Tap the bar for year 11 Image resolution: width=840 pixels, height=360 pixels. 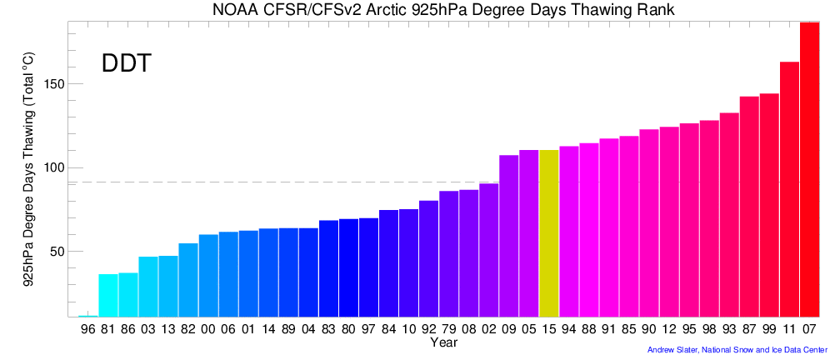click(x=789, y=189)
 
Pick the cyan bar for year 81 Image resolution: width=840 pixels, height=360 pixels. click(x=108, y=295)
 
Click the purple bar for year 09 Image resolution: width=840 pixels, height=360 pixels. click(x=508, y=236)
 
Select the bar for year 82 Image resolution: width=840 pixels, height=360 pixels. click(x=188, y=280)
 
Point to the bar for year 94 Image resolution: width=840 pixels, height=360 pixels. click(x=569, y=232)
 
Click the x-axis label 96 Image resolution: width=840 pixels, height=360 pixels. click(x=88, y=329)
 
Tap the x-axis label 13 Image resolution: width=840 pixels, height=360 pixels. click(x=168, y=329)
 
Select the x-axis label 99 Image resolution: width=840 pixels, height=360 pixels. click(x=769, y=329)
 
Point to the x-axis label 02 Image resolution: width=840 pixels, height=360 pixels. click(x=488, y=329)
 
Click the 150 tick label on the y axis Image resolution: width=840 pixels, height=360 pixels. click(x=56, y=84)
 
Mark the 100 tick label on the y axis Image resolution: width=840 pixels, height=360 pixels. click(x=56, y=167)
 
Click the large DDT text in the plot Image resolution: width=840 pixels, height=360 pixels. click(x=126, y=63)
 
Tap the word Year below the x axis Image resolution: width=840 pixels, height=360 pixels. click(x=443, y=342)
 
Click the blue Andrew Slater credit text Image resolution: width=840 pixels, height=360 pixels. click(x=737, y=350)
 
